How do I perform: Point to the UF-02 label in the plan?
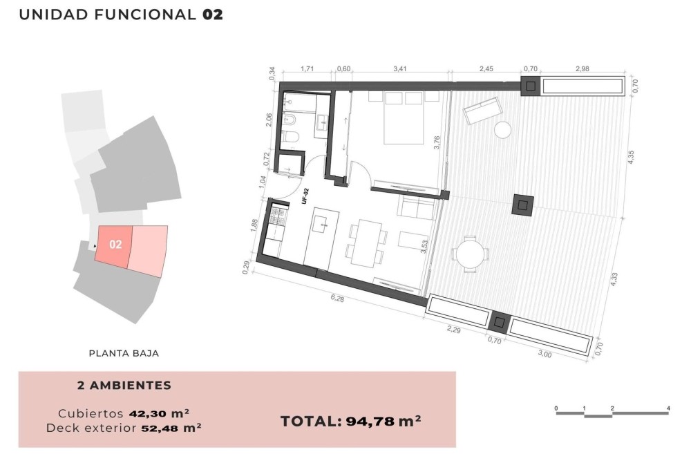click(x=305, y=196)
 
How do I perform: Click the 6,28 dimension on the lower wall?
click(x=337, y=299)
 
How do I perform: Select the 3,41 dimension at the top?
click(x=399, y=68)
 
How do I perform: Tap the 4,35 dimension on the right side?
click(x=631, y=157)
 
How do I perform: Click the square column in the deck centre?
click(x=523, y=205)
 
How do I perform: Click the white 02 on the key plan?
click(x=115, y=245)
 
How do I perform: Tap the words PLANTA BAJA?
click(x=124, y=353)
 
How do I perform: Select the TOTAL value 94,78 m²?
click(x=383, y=422)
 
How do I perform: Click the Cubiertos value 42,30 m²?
click(x=159, y=413)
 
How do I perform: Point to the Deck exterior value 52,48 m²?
click(x=171, y=428)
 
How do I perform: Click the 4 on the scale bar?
click(x=668, y=408)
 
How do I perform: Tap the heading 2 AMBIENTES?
click(x=124, y=386)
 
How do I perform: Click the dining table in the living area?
click(x=367, y=243)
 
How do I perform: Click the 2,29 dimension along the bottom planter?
click(x=454, y=330)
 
